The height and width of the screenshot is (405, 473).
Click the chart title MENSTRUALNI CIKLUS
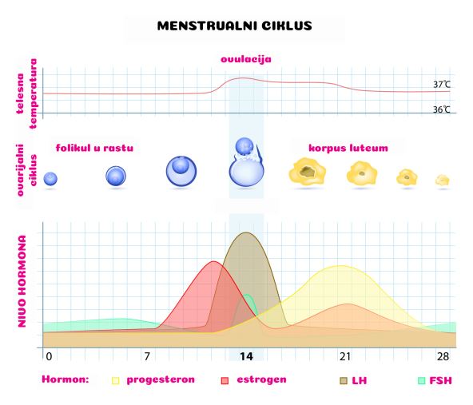click(x=235, y=26)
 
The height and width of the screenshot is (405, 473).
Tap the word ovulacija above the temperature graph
click(x=246, y=59)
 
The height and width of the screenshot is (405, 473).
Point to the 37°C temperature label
click(x=442, y=85)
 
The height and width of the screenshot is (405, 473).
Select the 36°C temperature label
click(x=442, y=109)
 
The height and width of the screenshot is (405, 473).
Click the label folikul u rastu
click(x=94, y=148)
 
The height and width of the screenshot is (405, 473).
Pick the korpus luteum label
click(x=348, y=148)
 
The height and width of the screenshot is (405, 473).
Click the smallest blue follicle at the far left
click(x=50, y=178)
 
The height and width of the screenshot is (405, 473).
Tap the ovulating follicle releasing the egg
click(x=246, y=162)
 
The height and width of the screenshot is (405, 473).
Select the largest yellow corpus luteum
click(x=308, y=171)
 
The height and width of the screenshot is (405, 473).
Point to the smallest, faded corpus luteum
click(x=443, y=181)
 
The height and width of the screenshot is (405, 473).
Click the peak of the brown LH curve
click(x=246, y=232)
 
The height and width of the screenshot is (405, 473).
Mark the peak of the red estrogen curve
click(x=213, y=261)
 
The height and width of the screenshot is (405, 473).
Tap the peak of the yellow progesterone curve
click(x=341, y=266)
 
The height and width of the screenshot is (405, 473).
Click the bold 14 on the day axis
click(x=246, y=357)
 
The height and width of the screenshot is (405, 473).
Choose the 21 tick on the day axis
click(x=345, y=357)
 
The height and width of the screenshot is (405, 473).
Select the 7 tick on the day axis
click(x=147, y=356)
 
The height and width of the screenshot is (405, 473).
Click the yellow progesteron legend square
click(x=116, y=380)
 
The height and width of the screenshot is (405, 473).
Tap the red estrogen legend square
click(x=225, y=380)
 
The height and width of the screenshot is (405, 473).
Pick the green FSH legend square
click(x=421, y=380)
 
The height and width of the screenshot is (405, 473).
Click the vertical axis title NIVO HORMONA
click(x=22, y=281)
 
